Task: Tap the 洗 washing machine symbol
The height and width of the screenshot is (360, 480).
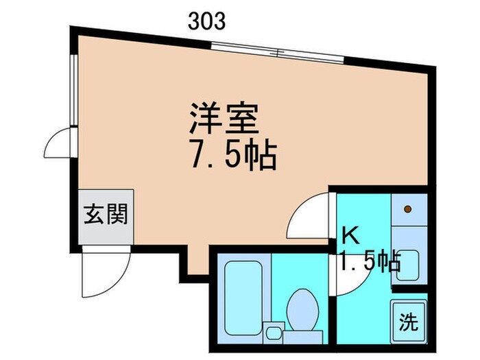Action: click(x=408, y=319)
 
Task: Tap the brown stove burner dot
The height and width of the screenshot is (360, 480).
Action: click(x=407, y=208)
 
